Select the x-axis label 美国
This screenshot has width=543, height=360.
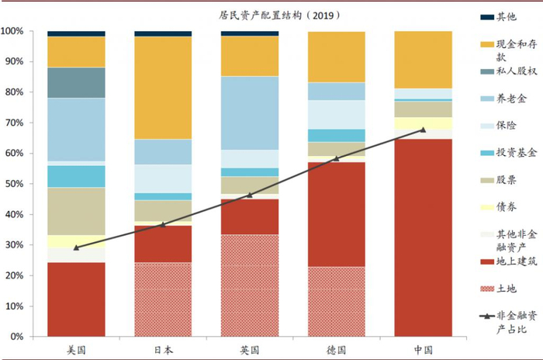[76, 350]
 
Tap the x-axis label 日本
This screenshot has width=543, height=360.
[163, 350]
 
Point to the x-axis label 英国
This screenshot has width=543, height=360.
[250, 350]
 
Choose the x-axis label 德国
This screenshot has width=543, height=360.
[337, 350]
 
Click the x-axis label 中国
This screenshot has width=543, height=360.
[424, 350]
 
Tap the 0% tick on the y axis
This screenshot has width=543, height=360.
[17, 337]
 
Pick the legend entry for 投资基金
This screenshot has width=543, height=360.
[508, 153]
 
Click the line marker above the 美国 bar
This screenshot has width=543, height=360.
[76, 247]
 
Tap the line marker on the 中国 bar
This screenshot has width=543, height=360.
[424, 130]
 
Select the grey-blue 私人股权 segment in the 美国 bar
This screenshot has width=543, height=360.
[76, 82]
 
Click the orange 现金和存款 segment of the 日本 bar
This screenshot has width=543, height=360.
[163, 88]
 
